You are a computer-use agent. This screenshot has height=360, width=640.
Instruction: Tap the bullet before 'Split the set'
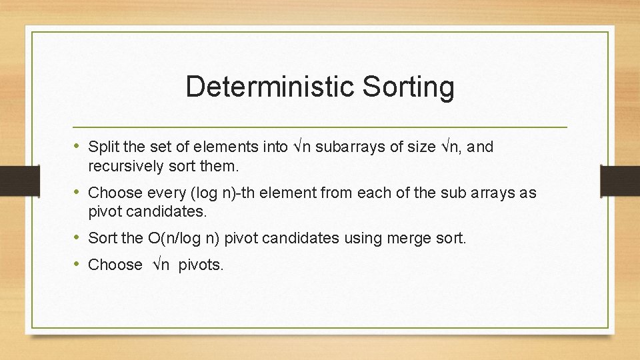pyautogui.click(x=79, y=146)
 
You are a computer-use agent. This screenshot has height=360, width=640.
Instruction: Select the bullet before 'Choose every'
pyautogui.click(x=79, y=192)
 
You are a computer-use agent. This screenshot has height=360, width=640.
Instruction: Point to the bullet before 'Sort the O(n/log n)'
pyautogui.click(x=79, y=237)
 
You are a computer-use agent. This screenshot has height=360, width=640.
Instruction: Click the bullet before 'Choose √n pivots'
pyautogui.click(x=79, y=264)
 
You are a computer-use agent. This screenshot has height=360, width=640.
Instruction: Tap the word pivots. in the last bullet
pyautogui.click(x=201, y=265)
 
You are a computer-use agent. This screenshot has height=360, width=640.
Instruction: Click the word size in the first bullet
pyautogui.click(x=421, y=147)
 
